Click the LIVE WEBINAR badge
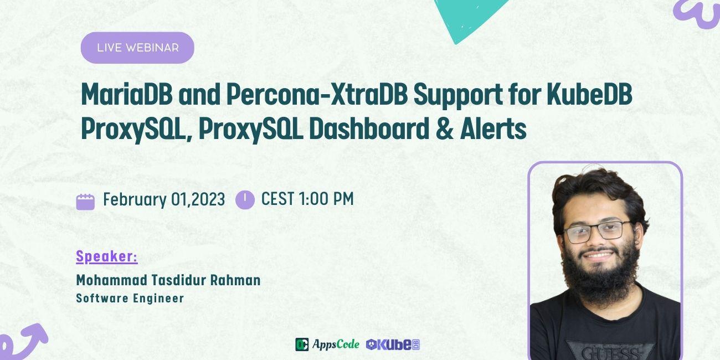click(137, 48)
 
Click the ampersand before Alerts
click(445, 129)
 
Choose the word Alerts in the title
click(493, 129)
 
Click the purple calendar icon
click(85, 201)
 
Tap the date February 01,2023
click(164, 199)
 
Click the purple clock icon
click(245, 200)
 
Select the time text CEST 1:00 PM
click(307, 199)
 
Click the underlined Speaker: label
click(107, 256)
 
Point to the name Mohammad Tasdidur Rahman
click(168, 280)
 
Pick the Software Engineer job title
click(130, 298)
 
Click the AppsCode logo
click(327, 344)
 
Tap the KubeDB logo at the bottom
click(393, 344)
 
